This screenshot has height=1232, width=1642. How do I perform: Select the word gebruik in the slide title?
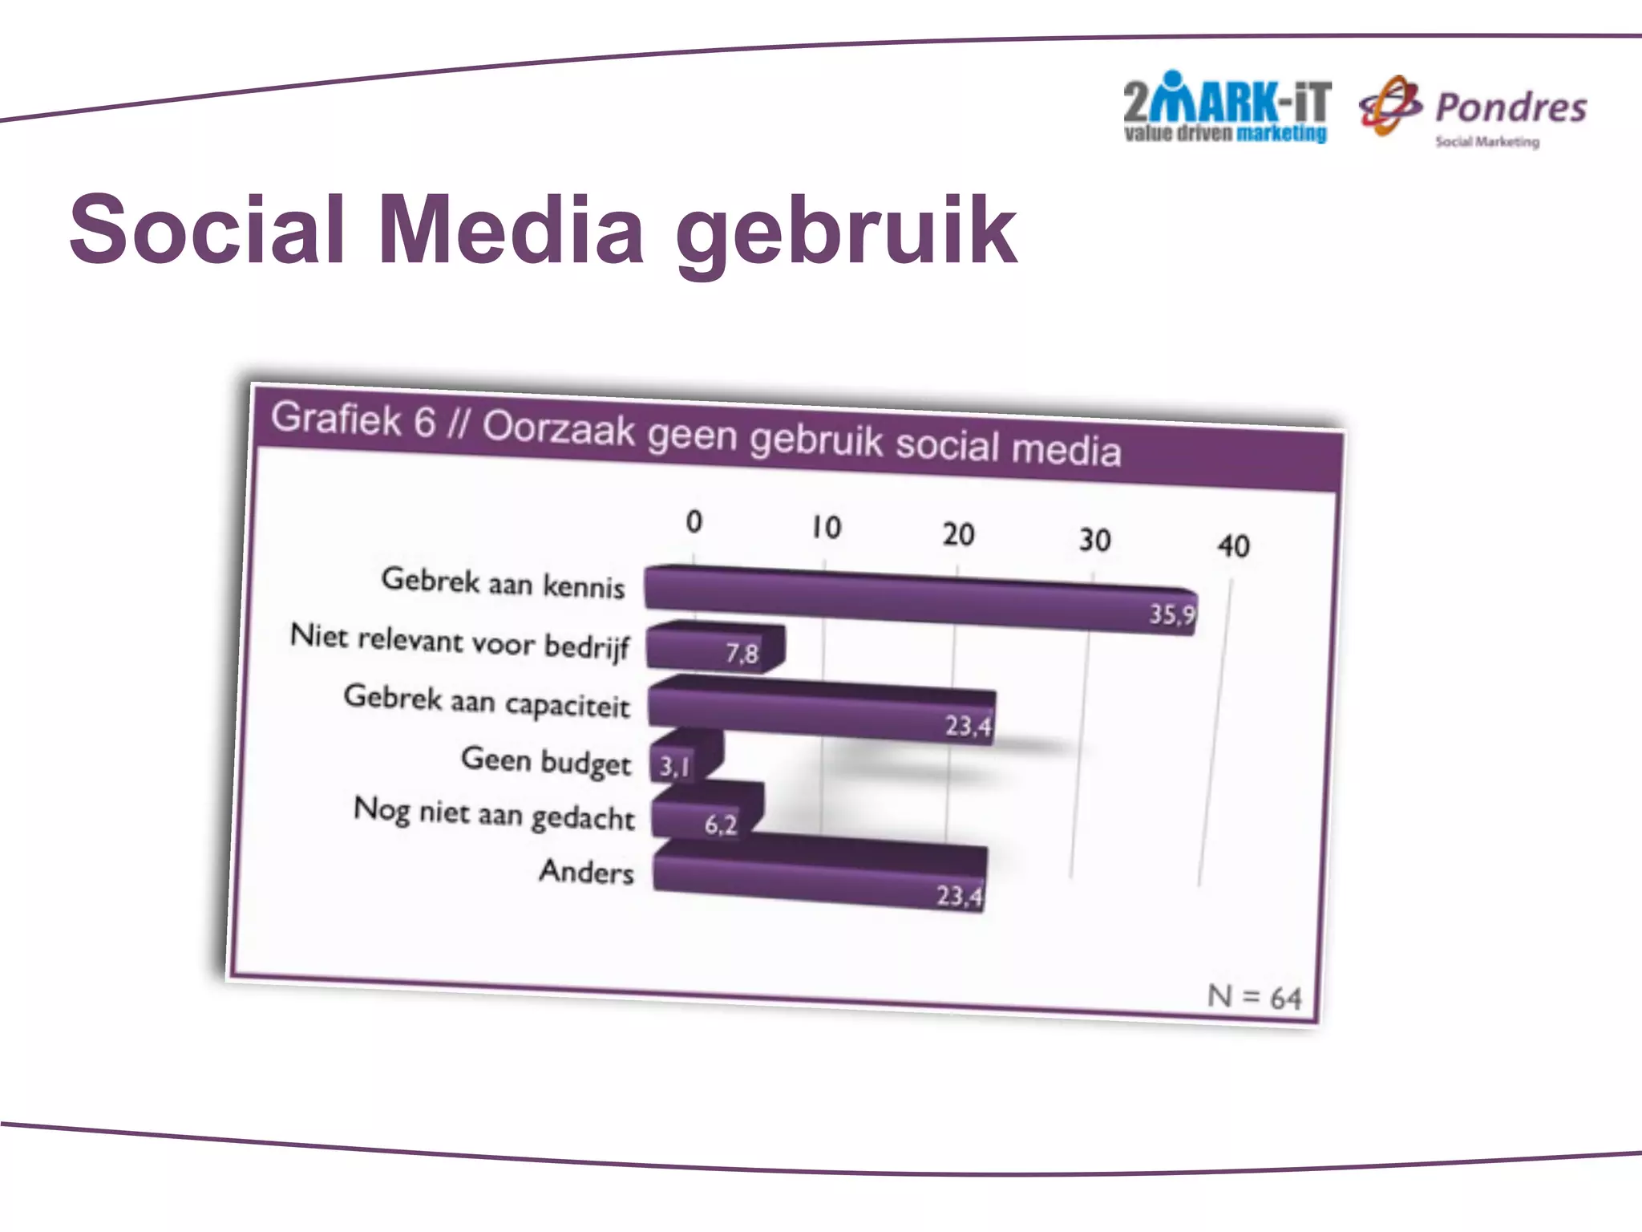point(847,233)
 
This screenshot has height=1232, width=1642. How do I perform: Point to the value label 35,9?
point(1171,614)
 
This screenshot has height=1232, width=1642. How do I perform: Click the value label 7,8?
point(742,654)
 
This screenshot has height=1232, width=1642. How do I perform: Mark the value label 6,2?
point(720,825)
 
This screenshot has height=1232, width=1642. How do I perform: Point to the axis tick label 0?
point(694,522)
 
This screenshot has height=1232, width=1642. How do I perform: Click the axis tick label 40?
point(1233,546)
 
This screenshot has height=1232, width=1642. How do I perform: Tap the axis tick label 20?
point(958,534)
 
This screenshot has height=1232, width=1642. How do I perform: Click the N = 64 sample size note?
point(1254,997)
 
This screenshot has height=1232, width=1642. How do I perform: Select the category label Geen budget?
point(546,760)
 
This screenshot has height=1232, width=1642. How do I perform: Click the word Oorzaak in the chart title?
point(558,428)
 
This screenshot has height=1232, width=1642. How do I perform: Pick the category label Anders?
point(586,871)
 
